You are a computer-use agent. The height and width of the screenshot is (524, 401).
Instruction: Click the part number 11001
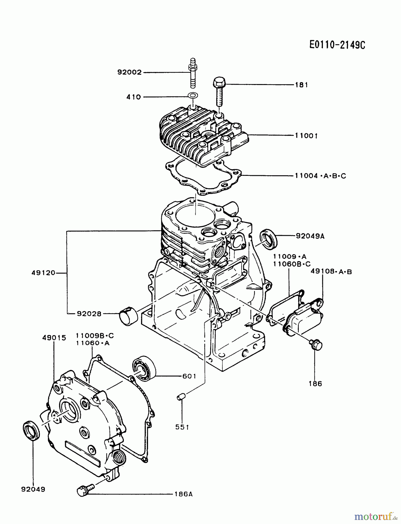306,136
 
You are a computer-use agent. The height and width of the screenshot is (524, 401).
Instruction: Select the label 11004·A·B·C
320,176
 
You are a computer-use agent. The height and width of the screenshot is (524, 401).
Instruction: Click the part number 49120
43,273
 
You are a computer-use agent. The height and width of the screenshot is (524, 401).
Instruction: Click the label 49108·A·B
331,272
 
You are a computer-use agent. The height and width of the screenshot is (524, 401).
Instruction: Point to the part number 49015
54,338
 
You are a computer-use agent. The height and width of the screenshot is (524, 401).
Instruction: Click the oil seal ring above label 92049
31,430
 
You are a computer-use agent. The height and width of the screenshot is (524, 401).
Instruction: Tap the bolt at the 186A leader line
85,489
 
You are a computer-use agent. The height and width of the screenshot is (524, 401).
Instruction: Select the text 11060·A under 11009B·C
93,343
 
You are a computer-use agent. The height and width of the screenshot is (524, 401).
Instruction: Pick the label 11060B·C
292,264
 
